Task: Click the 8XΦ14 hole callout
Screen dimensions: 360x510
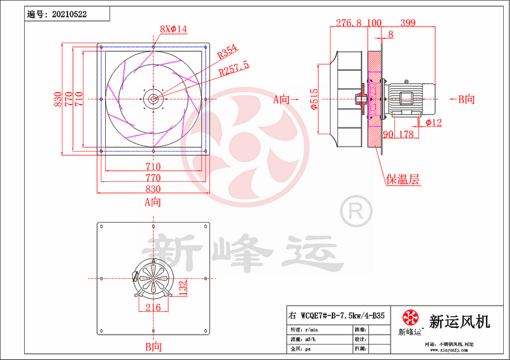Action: pos(173,29)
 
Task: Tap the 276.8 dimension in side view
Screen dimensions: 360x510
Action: pos(348,23)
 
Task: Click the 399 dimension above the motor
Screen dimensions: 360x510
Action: pos(407,23)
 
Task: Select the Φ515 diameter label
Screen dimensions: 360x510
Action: pos(314,98)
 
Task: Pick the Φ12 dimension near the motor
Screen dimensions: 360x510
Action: pos(434,122)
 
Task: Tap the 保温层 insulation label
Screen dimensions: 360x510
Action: pos(403,180)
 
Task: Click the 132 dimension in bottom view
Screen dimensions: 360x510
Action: pos(183,286)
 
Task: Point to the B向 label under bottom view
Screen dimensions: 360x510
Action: pos(152,347)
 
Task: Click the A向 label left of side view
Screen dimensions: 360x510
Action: pos(282,98)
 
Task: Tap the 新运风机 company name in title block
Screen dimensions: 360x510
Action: pos(459,321)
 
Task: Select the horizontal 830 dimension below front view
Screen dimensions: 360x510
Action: pos(153,189)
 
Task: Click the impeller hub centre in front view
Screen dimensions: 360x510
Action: pos(152,98)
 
